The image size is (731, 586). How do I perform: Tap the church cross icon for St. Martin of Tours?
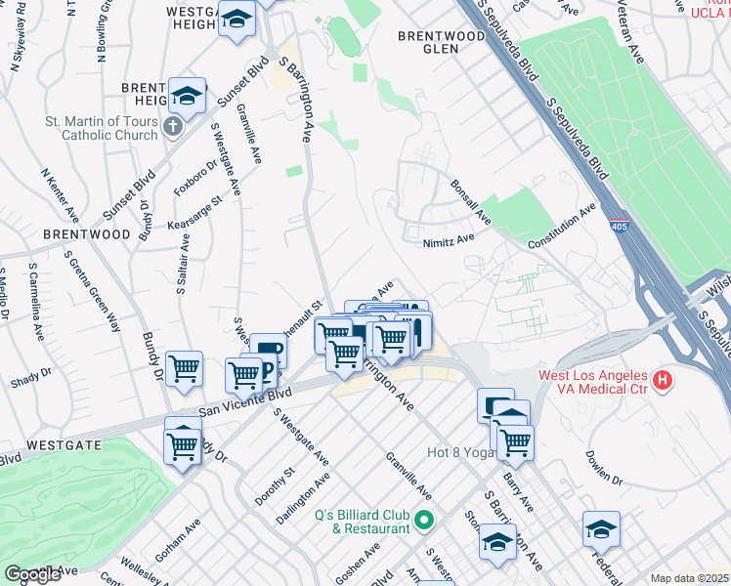[173, 126]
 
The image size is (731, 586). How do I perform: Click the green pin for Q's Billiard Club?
[423, 520]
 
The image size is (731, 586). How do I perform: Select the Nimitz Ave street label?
[449, 238]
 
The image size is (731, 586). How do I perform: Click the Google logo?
[32, 574]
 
